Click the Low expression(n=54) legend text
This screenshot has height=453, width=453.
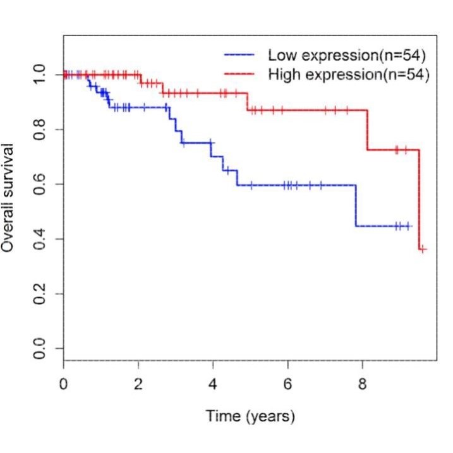(349, 54)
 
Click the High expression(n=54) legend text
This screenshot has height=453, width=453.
(349, 75)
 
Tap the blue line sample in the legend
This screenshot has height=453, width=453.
(239, 54)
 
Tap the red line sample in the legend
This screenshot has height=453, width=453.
(239, 75)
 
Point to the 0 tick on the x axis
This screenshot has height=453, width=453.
(63, 384)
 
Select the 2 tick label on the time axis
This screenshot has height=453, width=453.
(138, 384)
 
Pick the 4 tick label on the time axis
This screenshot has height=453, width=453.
(213, 384)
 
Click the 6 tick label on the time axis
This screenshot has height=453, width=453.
(288, 384)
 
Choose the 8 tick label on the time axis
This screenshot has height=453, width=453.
(363, 384)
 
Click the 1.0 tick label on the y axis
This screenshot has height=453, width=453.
(40, 75)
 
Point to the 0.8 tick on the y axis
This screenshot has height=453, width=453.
(40, 130)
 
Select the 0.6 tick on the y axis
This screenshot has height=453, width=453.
(40, 184)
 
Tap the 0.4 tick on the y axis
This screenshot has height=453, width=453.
(40, 239)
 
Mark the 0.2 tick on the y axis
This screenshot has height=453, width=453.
(40, 294)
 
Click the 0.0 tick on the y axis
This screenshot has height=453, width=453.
(40, 348)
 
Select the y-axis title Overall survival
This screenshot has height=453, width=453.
(9, 197)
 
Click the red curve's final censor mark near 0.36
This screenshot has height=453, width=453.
(423, 249)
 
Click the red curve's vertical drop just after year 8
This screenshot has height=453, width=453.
(367, 130)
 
